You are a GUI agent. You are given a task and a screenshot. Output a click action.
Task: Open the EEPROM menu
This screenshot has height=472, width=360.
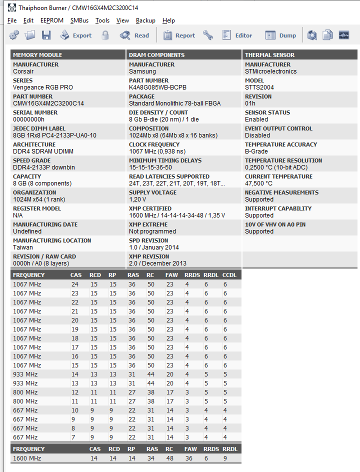click(x=52, y=20)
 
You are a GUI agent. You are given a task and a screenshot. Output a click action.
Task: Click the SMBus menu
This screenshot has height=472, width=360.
click(x=79, y=20)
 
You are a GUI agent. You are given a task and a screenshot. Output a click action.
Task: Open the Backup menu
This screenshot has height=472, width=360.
click(x=145, y=20)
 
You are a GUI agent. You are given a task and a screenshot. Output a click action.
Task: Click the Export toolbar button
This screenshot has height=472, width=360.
click(x=76, y=35)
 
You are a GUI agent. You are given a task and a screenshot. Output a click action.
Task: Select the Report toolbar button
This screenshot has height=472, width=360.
click(x=179, y=35)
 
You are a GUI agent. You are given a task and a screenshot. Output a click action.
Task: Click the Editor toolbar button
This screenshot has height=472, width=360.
click(x=237, y=35)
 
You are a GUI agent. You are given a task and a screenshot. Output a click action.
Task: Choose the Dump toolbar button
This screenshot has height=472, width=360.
click(x=280, y=35)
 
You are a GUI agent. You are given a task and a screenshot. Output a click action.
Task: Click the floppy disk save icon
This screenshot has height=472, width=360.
click(x=46, y=35)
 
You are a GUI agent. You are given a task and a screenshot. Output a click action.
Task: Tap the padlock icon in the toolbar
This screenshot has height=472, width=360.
click(x=105, y=35)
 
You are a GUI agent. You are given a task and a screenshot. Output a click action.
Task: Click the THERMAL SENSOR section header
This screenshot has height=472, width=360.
click(x=269, y=55)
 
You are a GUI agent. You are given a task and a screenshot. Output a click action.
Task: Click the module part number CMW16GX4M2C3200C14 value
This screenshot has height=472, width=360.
click(x=48, y=103)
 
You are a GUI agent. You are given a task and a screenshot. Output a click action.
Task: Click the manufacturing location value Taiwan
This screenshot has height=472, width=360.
click(x=23, y=247)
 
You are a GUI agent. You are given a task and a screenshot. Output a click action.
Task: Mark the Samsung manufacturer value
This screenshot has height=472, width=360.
click(x=142, y=71)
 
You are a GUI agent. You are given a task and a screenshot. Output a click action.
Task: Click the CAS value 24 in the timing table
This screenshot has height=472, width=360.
click(x=74, y=284)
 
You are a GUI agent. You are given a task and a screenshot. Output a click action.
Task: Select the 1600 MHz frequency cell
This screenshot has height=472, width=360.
click(x=27, y=458)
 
